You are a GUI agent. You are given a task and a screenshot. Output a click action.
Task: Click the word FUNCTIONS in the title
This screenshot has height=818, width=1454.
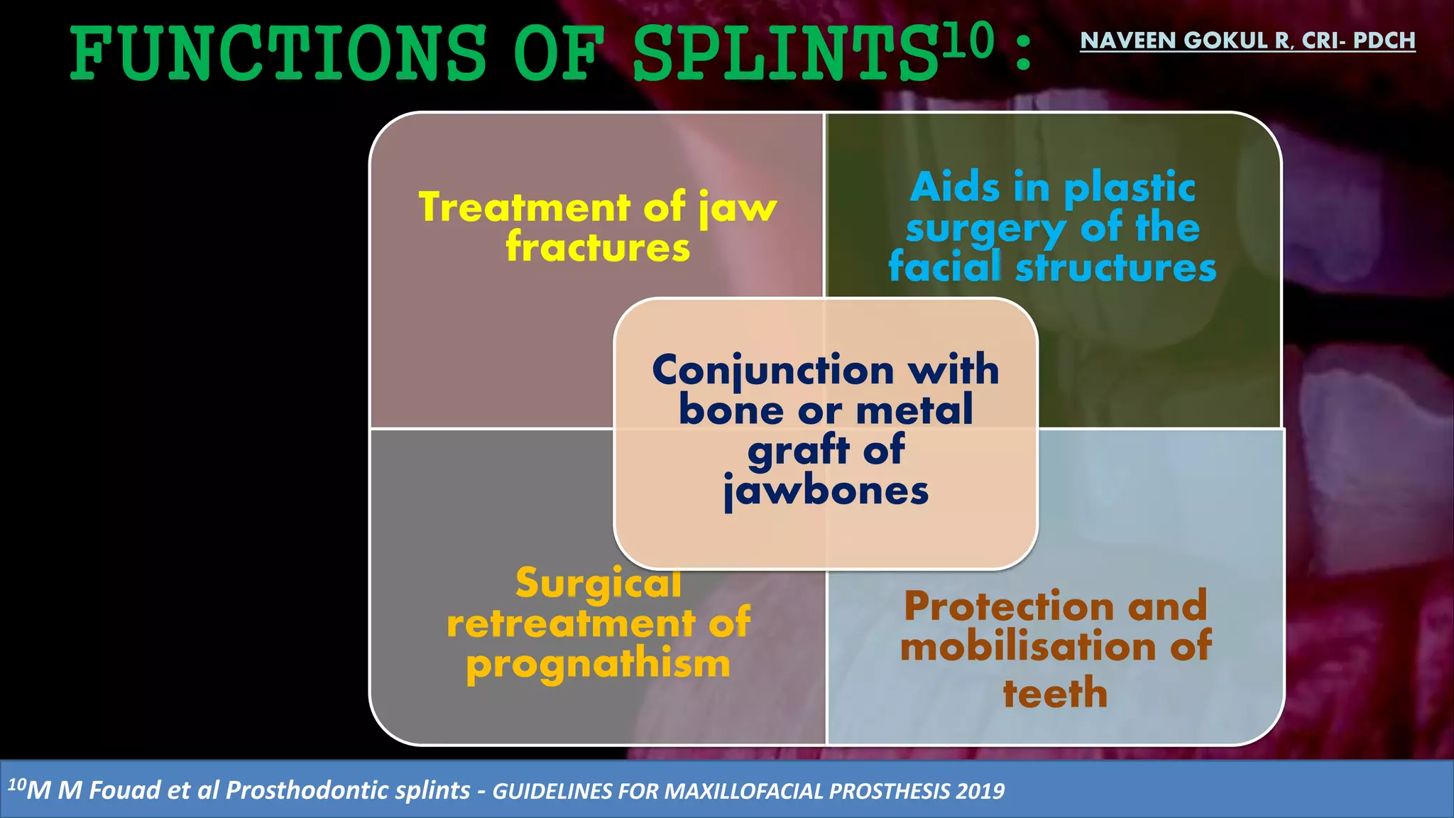click(x=278, y=54)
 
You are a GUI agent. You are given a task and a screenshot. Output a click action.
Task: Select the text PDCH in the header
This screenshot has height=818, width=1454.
click(x=1384, y=40)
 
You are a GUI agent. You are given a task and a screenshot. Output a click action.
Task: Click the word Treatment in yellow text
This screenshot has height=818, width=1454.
click(x=524, y=207)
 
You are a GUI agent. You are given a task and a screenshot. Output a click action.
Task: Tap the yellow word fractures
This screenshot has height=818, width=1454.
click(x=598, y=247)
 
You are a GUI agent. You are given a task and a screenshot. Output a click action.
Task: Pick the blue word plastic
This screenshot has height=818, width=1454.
click(x=1130, y=187)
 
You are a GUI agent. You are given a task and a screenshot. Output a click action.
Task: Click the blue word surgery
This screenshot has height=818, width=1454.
click(x=985, y=229)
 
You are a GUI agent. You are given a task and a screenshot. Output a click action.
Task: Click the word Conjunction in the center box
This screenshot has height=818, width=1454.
click(x=772, y=370)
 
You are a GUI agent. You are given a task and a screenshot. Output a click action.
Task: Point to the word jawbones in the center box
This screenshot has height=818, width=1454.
click(x=826, y=491)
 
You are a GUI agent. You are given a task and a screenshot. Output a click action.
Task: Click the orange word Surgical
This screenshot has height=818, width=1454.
click(x=598, y=583)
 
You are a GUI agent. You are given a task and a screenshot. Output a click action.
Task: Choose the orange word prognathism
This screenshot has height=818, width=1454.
click(x=598, y=665)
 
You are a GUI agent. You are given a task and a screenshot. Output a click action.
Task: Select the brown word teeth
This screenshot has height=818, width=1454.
click(x=1055, y=693)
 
